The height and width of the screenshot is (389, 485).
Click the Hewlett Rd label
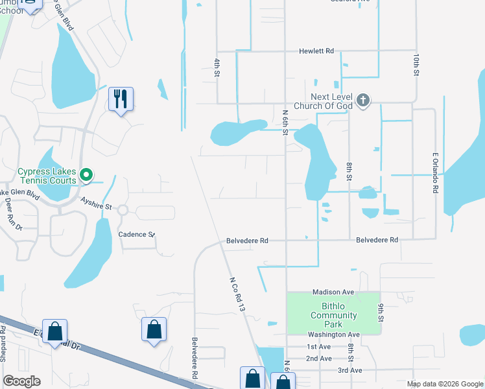pyautogui.click(x=316, y=51)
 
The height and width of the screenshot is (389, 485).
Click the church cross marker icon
pyautogui.click(x=363, y=100)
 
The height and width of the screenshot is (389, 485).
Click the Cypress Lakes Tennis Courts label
pyautogui.click(x=47, y=176)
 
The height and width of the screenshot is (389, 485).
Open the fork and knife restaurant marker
pyautogui.click(x=121, y=99)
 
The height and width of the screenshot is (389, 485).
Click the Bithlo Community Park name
pyautogui.click(x=333, y=315)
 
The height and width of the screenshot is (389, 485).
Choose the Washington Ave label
pyautogui.click(x=333, y=335)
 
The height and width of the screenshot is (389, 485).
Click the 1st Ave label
pyautogui.click(x=319, y=347)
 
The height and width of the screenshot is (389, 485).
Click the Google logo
pyautogui.click(x=21, y=381)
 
